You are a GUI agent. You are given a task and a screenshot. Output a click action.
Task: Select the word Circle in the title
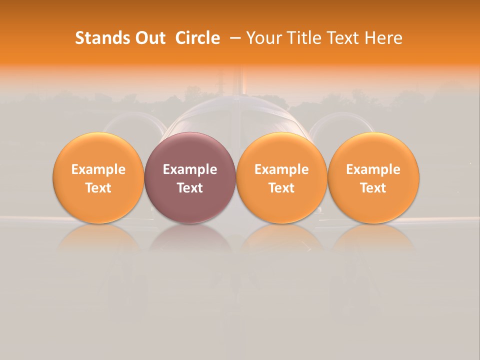(197, 38)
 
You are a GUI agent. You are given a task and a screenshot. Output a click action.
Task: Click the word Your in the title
(264, 38)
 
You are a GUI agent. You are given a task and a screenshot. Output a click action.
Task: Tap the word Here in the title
(383, 38)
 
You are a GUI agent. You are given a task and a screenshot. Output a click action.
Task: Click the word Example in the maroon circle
(190, 169)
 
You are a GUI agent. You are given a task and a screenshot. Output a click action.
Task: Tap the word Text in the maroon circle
(190, 188)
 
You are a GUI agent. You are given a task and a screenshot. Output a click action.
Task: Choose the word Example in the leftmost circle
(98, 169)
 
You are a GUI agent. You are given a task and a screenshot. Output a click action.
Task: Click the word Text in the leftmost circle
(98, 188)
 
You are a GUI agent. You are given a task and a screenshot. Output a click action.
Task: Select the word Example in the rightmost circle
(373, 169)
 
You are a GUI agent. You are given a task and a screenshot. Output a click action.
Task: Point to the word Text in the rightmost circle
(373, 188)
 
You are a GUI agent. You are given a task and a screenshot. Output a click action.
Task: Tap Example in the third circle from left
(281, 169)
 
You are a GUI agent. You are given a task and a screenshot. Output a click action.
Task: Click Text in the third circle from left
(281, 188)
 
